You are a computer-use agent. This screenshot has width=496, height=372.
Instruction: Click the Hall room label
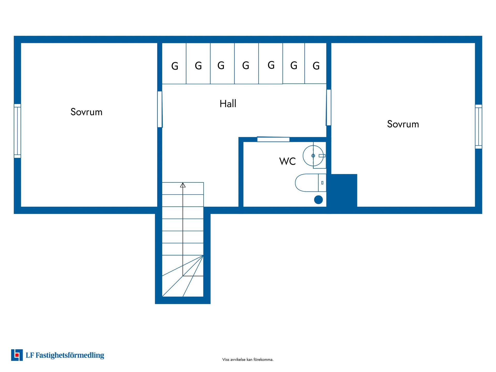click(x=228, y=104)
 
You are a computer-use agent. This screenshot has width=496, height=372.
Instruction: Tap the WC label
click(x=287, y=161)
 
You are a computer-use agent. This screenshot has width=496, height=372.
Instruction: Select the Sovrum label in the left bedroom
click(x=87, y=112)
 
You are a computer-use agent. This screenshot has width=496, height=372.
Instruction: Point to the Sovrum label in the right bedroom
click(x=403, y=124)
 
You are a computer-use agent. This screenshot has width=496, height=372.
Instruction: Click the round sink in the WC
click(x=313, y=156)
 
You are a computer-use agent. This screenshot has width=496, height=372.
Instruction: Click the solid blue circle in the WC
click(x=319, y=200)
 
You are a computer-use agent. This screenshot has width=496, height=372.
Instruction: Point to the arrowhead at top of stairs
click(x=183, y=185)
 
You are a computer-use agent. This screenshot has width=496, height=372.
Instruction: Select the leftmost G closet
click(x=174, y=64)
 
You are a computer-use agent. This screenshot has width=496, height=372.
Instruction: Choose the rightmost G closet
click(x=316, y=64)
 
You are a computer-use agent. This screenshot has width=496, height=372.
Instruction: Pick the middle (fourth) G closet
click(x=246, y=64)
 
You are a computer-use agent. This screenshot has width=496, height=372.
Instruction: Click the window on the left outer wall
click(x=17, y=131)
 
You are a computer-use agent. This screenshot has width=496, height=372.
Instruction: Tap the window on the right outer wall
click(x=478, y=127)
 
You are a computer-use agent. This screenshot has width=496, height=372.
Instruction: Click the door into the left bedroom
click(x=160, y=109)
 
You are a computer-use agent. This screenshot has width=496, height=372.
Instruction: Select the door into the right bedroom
click(x=329, y=107)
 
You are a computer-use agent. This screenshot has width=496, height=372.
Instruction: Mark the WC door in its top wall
click(x=273, y=139)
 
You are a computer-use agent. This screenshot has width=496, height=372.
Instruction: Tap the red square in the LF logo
click(x=17, y=355)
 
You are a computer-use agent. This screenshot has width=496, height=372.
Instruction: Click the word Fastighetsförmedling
click(x=70, y=355)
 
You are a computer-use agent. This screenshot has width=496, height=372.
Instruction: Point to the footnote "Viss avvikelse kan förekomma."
click(x=248, y=359)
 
